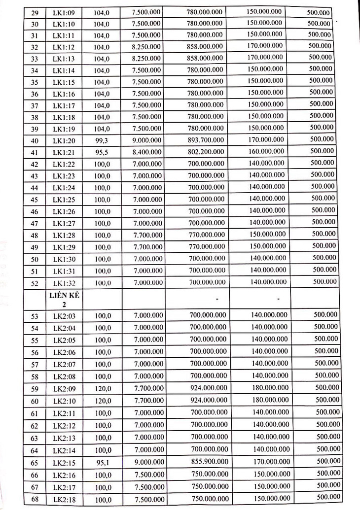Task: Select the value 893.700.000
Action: click(x=205, y=139)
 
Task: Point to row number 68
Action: click(x=21, y=499)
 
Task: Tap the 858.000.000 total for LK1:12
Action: click(x=205, y=46)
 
